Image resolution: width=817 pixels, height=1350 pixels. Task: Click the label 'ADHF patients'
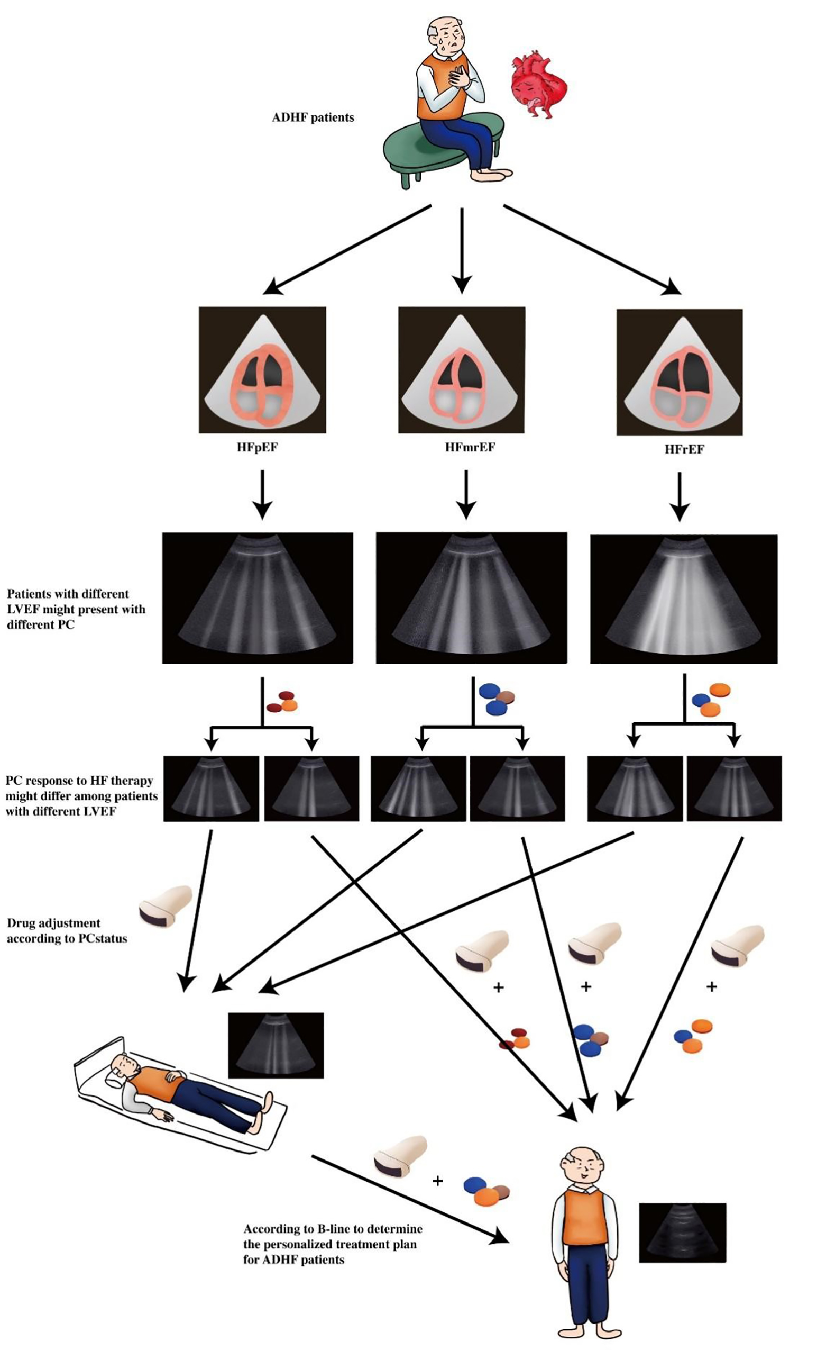[x=313, y=117]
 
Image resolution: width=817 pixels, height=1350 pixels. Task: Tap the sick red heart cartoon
[x=537, y=84]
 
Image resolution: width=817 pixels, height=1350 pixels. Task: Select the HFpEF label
[x=258, y=447]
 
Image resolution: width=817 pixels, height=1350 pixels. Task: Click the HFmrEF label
[x=470, y=447]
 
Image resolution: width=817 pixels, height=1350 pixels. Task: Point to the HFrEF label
[x=684, y=449]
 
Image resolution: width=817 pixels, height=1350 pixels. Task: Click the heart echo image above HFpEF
[x=262, y=370]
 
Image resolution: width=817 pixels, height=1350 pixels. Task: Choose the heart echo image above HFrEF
[x=680, y=372]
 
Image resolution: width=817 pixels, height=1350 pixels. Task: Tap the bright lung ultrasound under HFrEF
[x=683, y=599]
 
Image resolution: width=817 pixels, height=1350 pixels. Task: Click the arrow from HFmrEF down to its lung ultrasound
[x=465, y=493]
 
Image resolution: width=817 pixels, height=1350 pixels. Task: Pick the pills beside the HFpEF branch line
[x=282, y=702]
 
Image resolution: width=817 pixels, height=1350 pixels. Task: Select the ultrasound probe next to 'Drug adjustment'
[x=165, y=907]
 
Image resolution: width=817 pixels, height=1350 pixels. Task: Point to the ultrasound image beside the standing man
[x=682, y=1232]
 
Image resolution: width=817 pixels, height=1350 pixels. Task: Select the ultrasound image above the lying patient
[x=276, y=1045]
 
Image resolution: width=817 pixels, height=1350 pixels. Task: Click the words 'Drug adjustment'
[x=53, y=922]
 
